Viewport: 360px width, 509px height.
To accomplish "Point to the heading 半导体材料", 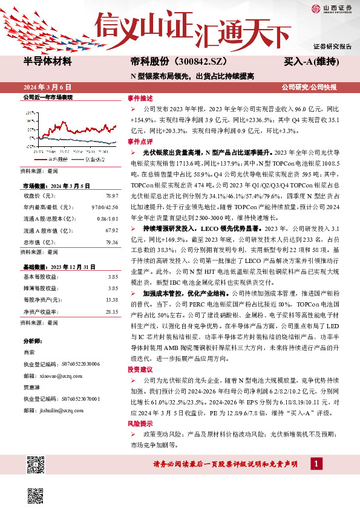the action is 48,62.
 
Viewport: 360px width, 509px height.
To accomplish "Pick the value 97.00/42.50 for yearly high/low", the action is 105,207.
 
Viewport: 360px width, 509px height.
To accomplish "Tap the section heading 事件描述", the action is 138,97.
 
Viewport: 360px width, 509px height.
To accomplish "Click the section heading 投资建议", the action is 138,368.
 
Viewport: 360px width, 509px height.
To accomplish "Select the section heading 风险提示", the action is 138,424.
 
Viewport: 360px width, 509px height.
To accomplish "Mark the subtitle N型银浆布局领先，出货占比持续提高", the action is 192,76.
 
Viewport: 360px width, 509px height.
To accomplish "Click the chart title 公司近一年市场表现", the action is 47,97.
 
